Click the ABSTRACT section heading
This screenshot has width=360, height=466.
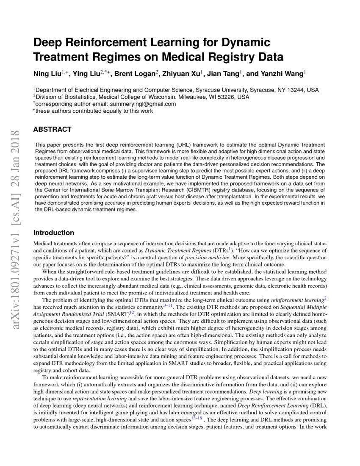(x=52, y=130)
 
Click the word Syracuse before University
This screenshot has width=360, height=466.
(x=209, y=90)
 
